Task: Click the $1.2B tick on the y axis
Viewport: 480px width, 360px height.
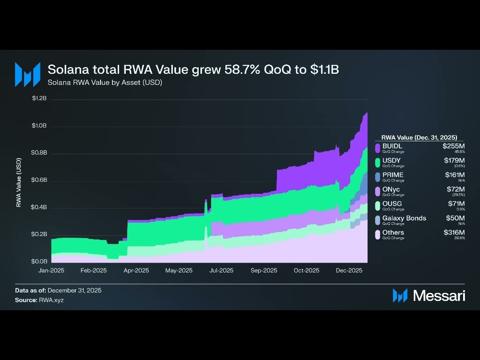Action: pyautogui.click(x=39, y=98)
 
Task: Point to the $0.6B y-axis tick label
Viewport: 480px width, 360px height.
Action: pyautogui.click(x=39, y=180)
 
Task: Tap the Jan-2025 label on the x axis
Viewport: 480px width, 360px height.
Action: pyautogui.click(x=52, y=270)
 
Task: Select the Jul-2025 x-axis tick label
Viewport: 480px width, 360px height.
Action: pyautogui.click(x=221, y=270)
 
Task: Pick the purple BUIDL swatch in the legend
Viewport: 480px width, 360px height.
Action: pyautogui.click(x=377, y=148)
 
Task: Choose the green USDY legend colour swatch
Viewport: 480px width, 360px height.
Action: pyautogui.click(x=377, y=163)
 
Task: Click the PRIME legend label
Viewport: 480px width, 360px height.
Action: pyautogui.click(x=393, y=175)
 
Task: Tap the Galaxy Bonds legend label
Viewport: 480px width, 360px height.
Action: pyautogui.click(x=404, y=218)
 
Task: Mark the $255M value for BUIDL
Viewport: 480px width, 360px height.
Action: pyautogui.click(x=454, y=146)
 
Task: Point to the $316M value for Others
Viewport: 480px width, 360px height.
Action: pyautogui.click(x=454, y=232)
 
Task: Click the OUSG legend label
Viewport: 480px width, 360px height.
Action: pyautogui.click(x=392, y=204)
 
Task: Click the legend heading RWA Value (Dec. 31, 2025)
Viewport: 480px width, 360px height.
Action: pyautogui.click(x=419, y=138)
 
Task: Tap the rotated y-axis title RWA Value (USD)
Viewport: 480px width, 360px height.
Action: pyautogui.click(x=19, y=182)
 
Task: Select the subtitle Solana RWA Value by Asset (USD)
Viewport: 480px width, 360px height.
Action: pyautogui.click(x=105, y=82)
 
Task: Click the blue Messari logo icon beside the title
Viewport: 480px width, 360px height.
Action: pyautogui.click(x=25, y=74)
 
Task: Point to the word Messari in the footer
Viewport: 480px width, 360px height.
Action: pyautogui.click(x=439, y=296)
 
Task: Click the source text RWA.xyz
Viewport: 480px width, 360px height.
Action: pyautogui.click(x=48, y=300)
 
